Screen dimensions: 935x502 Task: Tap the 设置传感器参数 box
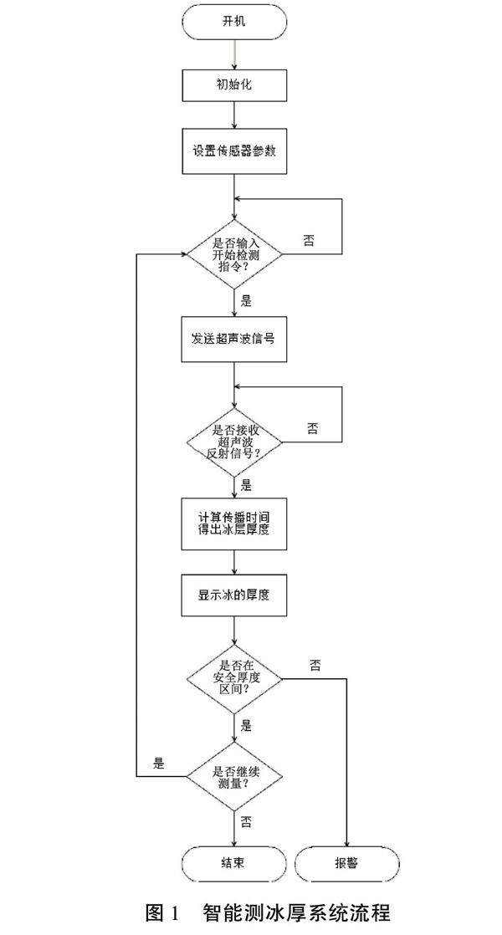click(x=234, y=152)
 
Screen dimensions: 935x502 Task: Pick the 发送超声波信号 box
click(x=234, y=339)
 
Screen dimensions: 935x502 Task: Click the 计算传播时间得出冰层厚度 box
click(x=234, y=524)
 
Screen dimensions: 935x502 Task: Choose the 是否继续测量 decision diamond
click(x=234, y=776)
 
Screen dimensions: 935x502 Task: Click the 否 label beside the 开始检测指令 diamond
click(x=310, y=240)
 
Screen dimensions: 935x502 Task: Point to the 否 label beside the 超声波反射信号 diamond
click(x=311, y=428)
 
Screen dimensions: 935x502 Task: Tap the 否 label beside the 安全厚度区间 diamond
click(x=315, y=666)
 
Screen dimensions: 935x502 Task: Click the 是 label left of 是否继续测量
click(x=159, y=763)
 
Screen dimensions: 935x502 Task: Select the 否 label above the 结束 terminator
click(x=246, y=821)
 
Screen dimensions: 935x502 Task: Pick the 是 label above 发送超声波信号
click(x=246, y=299)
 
